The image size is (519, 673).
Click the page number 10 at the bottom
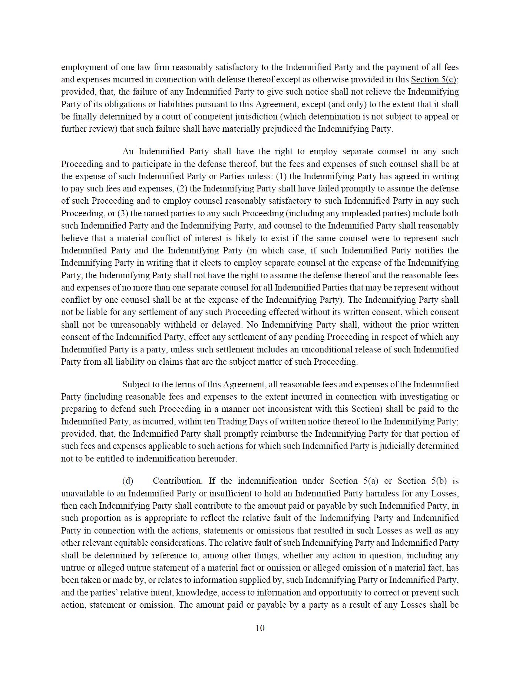point(260,628)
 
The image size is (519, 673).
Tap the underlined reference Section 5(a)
point(354,481)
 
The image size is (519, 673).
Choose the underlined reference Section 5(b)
point(422,481)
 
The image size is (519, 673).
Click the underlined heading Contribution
point(176,481)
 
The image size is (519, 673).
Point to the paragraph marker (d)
point(128,481)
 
